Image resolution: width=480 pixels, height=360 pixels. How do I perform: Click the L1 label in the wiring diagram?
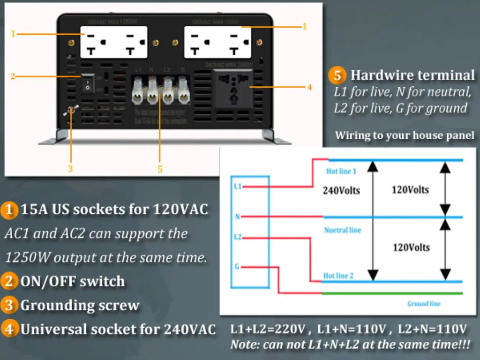237,186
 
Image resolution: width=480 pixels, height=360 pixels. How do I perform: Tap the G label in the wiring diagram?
237,267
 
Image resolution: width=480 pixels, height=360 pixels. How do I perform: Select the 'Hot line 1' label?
341,172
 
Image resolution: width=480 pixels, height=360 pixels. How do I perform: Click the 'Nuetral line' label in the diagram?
343,230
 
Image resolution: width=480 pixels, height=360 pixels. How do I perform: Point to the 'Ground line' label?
424,304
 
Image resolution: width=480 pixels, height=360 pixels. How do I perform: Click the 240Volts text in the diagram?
341,191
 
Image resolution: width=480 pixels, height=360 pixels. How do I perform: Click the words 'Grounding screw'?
80,306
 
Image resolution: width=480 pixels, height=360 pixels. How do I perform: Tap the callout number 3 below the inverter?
70,169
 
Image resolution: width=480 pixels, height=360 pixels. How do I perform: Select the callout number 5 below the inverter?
160,169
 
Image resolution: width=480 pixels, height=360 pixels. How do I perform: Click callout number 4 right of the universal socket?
309,87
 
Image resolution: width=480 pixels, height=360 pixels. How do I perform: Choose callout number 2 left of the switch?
13,76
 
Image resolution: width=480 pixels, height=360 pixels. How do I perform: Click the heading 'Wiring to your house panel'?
405,136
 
